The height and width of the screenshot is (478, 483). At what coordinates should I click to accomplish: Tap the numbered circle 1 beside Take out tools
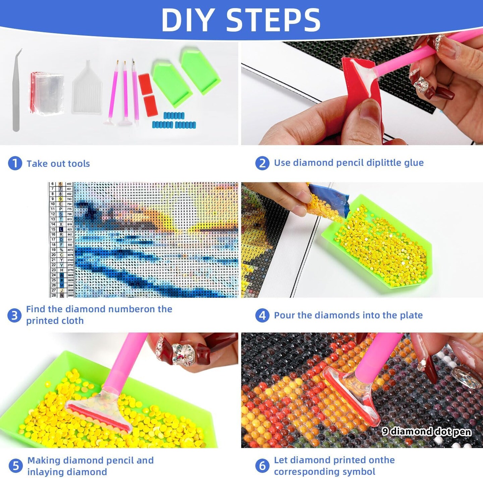[15, 163]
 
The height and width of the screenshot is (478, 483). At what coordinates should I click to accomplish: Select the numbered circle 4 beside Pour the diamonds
[262, 315]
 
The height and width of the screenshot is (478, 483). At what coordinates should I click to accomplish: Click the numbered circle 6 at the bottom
[262, 466]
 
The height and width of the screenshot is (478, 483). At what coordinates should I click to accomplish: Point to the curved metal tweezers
[16, 91]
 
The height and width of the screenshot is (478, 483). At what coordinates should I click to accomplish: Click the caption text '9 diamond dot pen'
[426, 431]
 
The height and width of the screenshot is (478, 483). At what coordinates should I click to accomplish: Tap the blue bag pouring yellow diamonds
[330, 200]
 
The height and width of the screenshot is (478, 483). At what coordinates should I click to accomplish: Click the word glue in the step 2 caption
[414, 163]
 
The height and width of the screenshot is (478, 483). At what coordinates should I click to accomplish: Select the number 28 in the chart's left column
[53, 295]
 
